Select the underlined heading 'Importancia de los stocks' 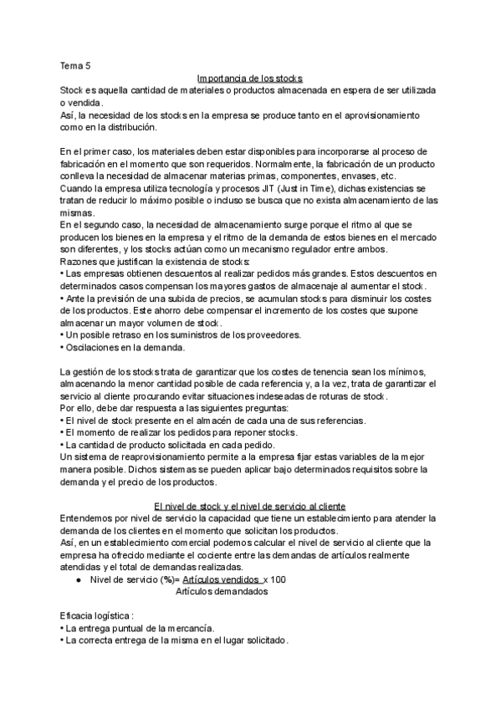250,78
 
